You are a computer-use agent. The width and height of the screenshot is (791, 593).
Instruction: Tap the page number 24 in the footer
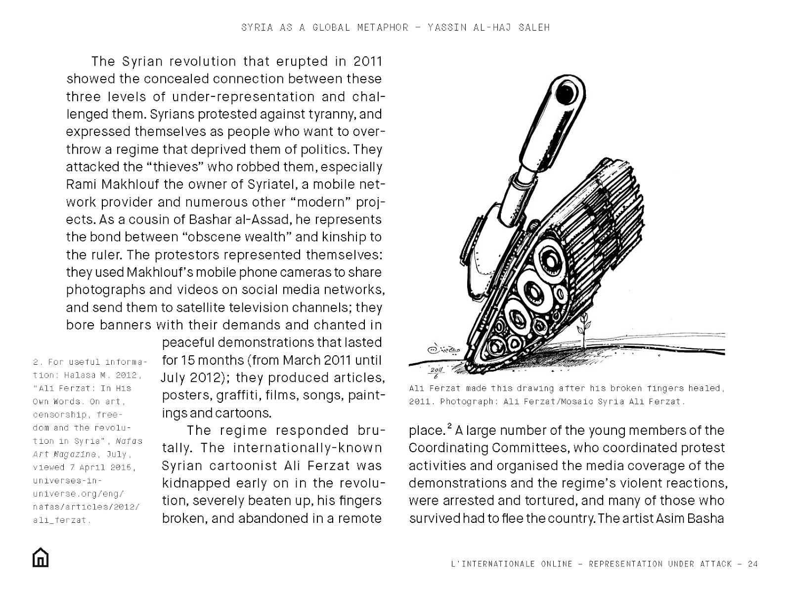click(753, 564)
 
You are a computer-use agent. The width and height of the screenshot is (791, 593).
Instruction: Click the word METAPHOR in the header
click(383, 27)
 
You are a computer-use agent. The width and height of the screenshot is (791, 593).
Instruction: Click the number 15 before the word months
click(188, 360)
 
